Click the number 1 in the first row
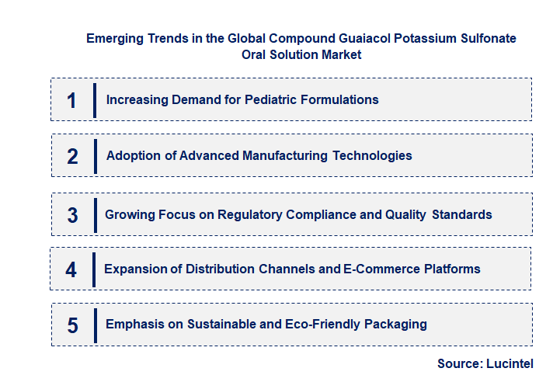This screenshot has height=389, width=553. click(x=71, y=100)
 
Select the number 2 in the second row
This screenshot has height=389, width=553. click(x=72, y=156)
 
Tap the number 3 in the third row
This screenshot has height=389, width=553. click(x=72, y=215)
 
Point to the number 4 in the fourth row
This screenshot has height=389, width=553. click(x=71, y=269)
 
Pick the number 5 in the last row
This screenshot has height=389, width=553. click(x=72, y=325)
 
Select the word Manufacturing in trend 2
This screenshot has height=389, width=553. click(x=285, y=155)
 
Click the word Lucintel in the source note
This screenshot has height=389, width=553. click(x=511, y=363)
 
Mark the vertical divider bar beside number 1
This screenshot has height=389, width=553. click(x=94, y=100)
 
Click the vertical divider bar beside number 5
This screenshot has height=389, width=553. click(x=94, y=325)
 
